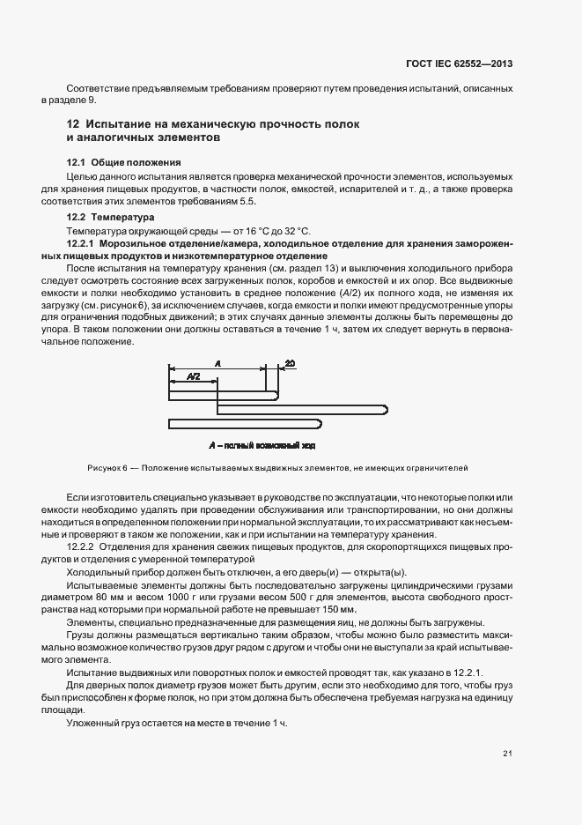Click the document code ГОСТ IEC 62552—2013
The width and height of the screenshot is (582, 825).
[471, 63]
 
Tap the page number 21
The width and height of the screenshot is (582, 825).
[508, 753]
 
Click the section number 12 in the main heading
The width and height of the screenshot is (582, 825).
[74, 123]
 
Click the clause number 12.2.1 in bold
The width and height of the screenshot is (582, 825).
[81, 242]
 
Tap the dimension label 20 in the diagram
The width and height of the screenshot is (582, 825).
[291, 361]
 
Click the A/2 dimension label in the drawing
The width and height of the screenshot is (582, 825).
[194, 376]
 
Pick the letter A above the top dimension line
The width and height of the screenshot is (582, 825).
[217, 361]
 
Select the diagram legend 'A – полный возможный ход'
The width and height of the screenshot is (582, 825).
[261, 446]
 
